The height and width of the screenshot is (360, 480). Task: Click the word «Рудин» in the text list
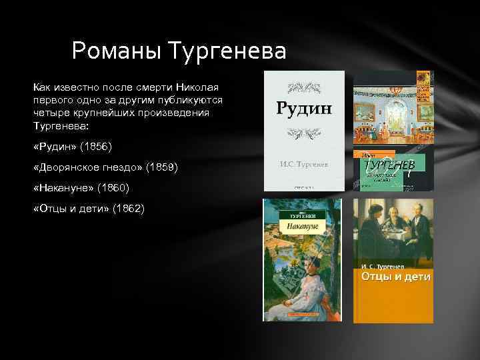point(55,146)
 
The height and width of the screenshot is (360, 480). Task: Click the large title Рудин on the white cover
point(304,108)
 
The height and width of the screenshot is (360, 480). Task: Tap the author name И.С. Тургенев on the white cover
point(304,162)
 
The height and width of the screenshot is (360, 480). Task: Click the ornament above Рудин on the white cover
point(304,87)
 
